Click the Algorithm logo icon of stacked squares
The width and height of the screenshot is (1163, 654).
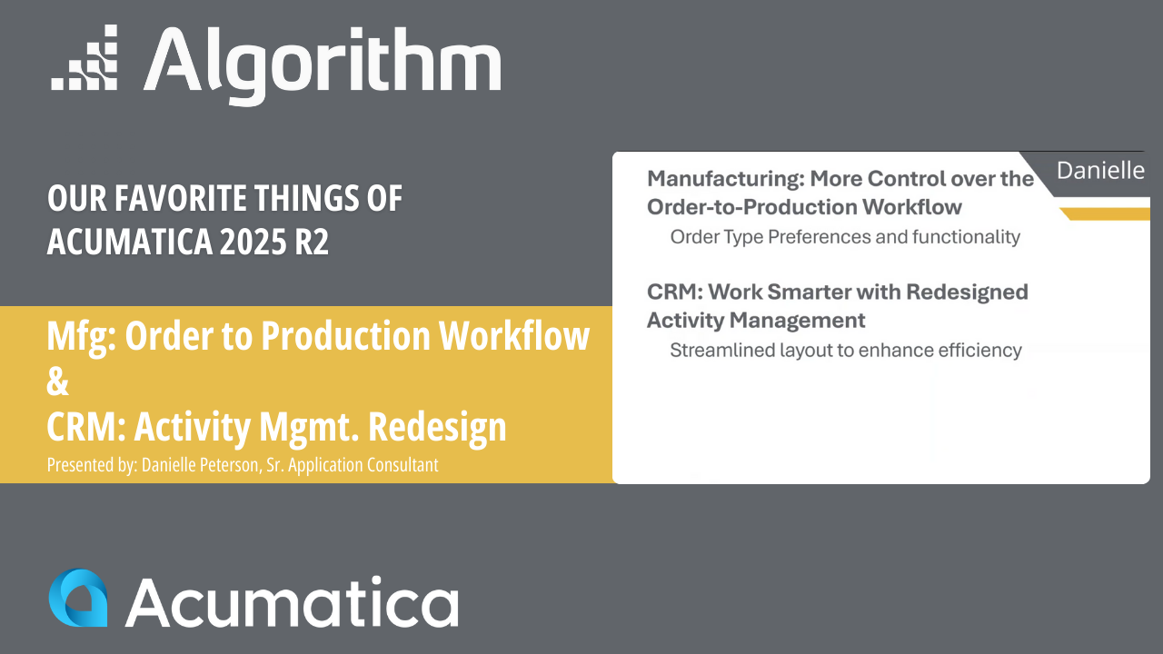[x=84, y=59]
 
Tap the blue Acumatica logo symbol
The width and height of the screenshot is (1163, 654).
[x=78, y=598]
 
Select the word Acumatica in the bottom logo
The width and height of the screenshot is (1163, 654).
[x=292, y=600]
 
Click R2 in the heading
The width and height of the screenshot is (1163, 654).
[x=311, y=242]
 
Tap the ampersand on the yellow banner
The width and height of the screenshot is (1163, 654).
[x=57, y=381]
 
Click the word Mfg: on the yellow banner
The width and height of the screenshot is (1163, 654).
[x=80, y=337]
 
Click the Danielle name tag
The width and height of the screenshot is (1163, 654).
[x=1100, y=171]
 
